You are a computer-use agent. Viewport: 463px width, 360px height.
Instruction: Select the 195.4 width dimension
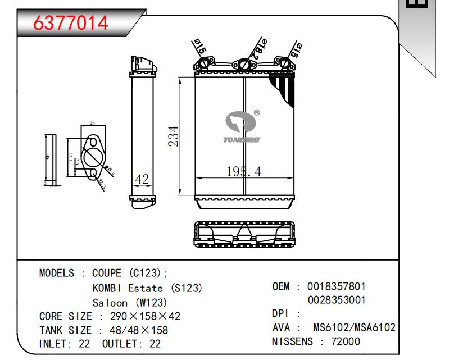(x=243, y=172)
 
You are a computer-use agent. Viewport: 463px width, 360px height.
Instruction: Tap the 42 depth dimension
(x=142, y=180)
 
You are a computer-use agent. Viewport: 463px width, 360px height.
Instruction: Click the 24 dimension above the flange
(x=93, y=124)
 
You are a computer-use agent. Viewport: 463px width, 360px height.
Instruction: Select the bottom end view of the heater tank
(x=244, y=234)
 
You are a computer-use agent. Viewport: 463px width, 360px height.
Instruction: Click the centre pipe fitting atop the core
(x=244, y=66)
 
